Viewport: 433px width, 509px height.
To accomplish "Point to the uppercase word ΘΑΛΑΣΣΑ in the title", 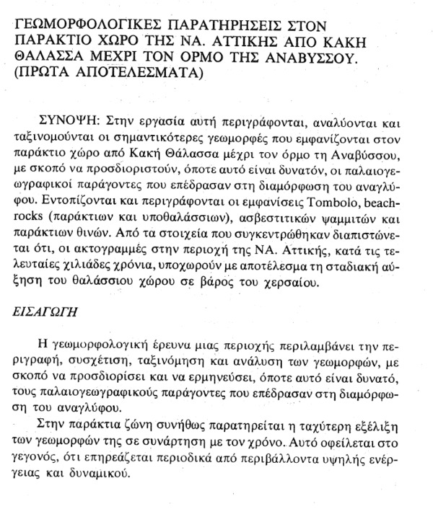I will point(49,56).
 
